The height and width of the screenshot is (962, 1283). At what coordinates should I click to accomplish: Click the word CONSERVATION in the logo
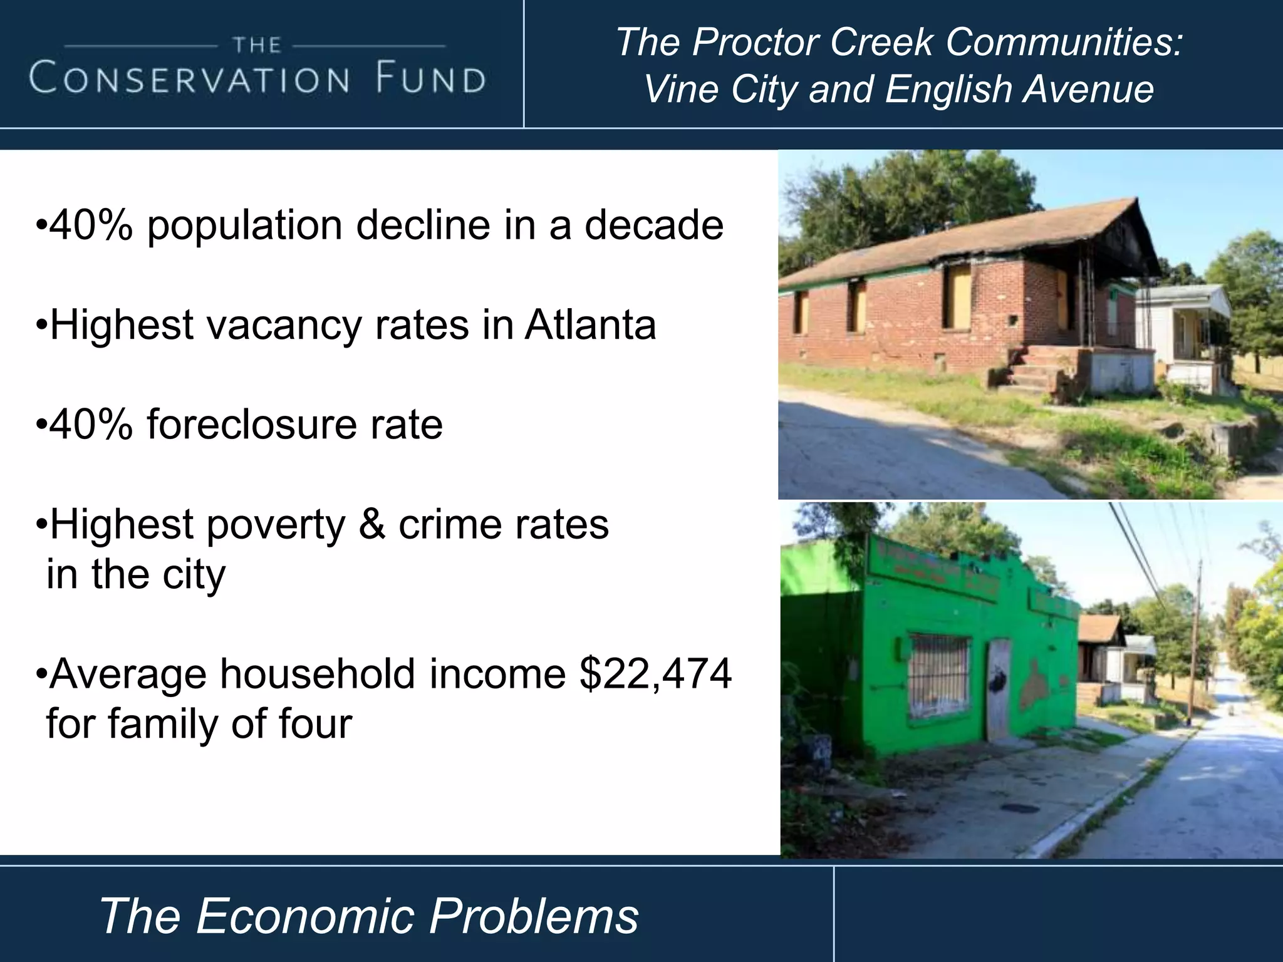click(189, 80)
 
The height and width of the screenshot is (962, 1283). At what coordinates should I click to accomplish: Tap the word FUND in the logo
click(432, 80)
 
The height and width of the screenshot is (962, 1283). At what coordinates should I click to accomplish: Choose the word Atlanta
click(590, 325)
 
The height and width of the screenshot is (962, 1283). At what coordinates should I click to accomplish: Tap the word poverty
click(276, 525)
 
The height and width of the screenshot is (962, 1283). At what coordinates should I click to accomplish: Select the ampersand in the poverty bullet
click(372, 524)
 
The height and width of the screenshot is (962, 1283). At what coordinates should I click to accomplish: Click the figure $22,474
click(655, 674)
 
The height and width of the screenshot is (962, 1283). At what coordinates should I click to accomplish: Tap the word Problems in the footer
click(534, 916)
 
